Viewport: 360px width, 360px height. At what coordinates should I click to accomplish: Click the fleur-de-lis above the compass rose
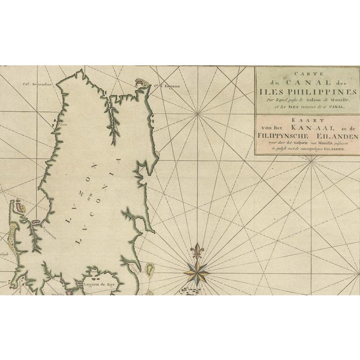click(197, 250)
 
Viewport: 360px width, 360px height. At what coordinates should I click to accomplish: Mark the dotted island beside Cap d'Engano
click(141, 83)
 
